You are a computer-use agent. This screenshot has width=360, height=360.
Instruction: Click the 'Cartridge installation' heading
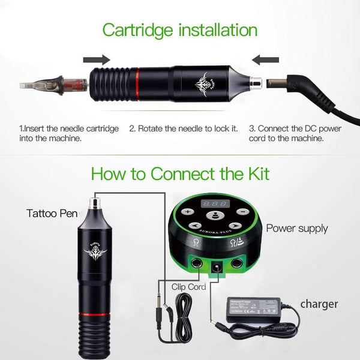pyautogui.click(x=180, y=29)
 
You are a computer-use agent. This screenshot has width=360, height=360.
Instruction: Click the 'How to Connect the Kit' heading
pyautogui.click(x=180, y=173)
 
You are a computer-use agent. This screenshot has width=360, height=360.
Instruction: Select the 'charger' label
pyautogui.click(x=320, y=304)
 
